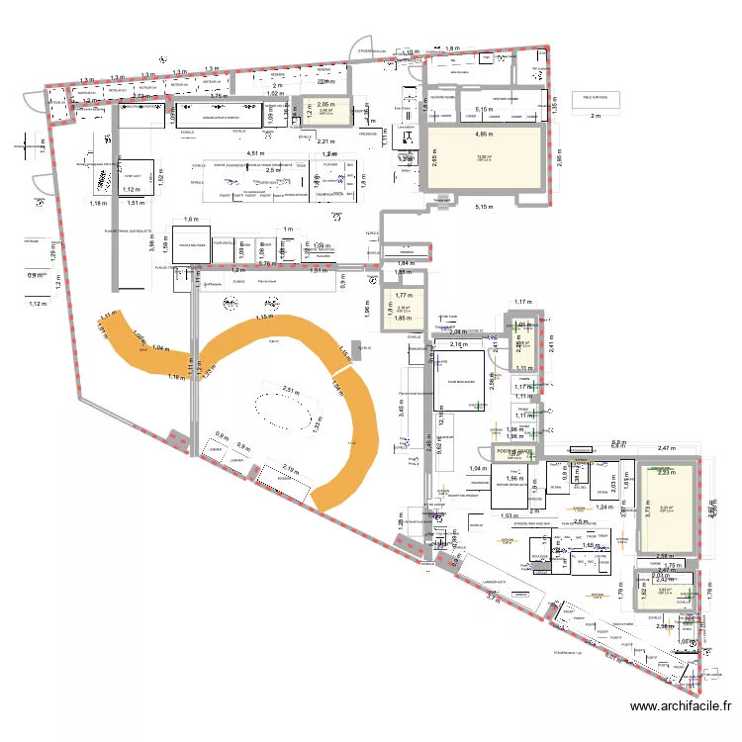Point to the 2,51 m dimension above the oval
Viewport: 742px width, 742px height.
289,389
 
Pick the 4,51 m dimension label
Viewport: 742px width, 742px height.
254,153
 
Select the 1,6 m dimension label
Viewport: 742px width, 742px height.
190,220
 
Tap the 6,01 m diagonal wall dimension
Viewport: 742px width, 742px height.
611,655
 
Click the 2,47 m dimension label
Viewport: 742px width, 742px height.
665,449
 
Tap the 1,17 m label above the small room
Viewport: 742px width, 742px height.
522,303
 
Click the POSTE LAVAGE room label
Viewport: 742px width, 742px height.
514,452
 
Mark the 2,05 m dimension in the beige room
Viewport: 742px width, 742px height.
325,104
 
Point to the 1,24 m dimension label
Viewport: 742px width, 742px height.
603,507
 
